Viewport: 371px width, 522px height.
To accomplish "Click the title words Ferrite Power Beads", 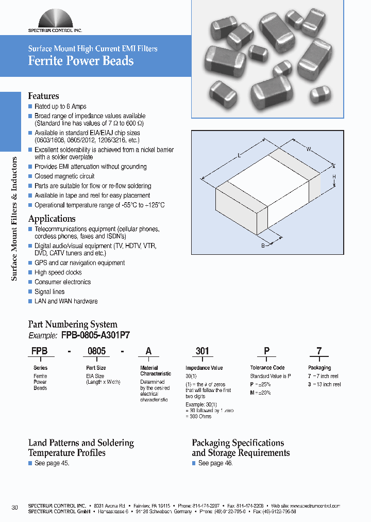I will tap(81, 61).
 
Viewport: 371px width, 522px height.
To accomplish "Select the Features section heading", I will tap(43, 96).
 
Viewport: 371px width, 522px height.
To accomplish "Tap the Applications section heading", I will tap(52, 218).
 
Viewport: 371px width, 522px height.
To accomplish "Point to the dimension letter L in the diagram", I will tap(240, 155).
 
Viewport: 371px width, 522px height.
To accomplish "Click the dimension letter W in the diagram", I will tap(309, 150).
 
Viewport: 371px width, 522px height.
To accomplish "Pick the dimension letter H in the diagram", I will tap(334, 176).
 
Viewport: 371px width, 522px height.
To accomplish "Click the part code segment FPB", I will tap(40, 351).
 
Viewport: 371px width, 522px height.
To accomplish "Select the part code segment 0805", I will tap(96, 351).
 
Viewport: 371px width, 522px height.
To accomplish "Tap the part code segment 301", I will tap(203, 351).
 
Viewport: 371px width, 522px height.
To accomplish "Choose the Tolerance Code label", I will tap(267, 368).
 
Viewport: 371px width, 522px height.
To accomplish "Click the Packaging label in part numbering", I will tap(319, 368).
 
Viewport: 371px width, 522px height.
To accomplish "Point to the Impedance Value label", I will tap(204, 368).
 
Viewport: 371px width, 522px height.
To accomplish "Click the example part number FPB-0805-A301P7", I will tap(95, 335).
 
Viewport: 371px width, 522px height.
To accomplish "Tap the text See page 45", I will tap(52, 463).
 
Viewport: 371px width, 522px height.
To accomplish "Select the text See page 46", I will tap(215, 463).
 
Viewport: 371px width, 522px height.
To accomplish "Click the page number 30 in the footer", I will tap(14, 508).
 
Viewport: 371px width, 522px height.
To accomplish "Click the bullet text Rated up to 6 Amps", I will tap(60, 106).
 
